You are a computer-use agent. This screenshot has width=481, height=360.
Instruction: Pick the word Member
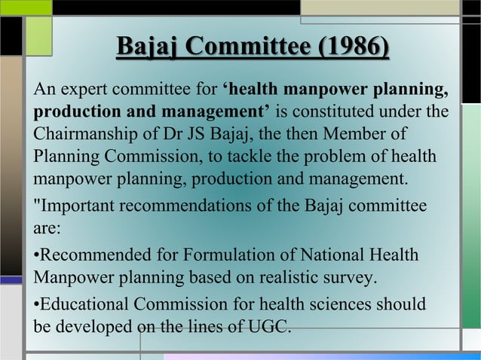[x=359, y=136]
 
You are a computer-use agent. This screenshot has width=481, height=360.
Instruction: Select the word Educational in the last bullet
[x=82, y=305]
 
